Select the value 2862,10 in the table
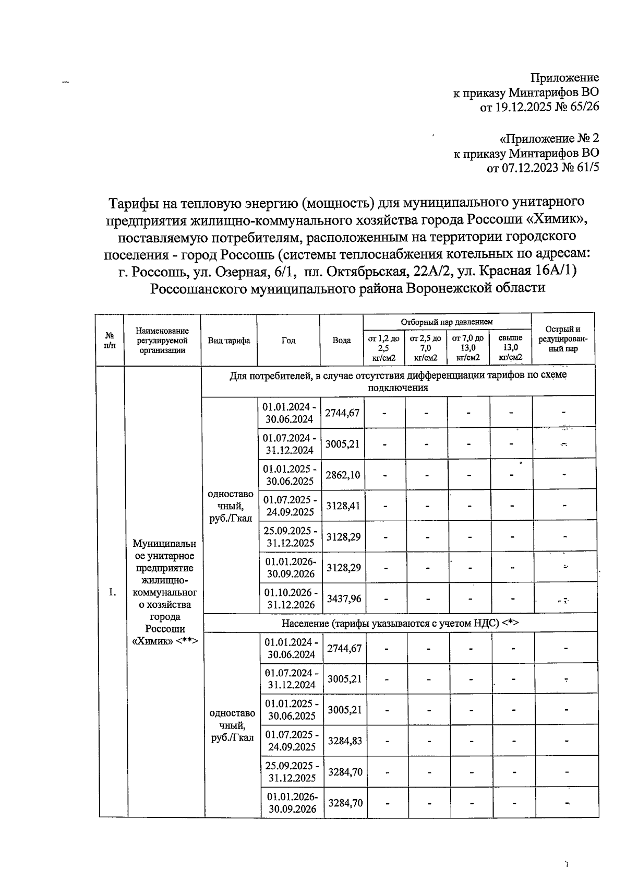[x=343, y=475]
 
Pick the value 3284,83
[x=345, y=741]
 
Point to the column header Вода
[x=342, y=341]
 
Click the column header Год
[x=288, y=341]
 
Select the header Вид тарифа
[x=229, y=341]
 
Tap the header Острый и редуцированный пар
[x=563, y=339]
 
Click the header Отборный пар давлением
[x=447, y=322]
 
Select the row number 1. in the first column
[x=112, y=592]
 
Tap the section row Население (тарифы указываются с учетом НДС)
[x=400, y=623]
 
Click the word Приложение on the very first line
[x=564, y=78]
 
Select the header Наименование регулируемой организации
[x=162, y=341]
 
